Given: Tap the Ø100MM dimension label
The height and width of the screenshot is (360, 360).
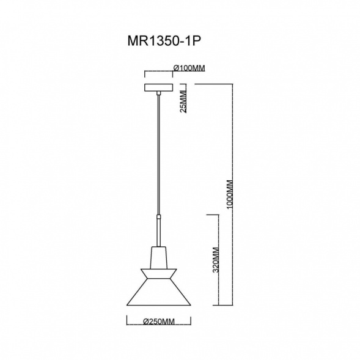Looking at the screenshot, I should click(189, 67).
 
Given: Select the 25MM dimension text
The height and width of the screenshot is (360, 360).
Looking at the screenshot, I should click(183, 101).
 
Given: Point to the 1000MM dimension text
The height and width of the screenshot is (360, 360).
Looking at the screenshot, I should click(229, 195).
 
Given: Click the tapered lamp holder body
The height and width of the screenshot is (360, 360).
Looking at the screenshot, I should click(158, 257).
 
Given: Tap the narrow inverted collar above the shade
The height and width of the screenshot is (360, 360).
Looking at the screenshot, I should click(158, 272).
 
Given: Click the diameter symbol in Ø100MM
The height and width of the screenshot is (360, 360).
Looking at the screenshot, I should click(176, 67).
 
